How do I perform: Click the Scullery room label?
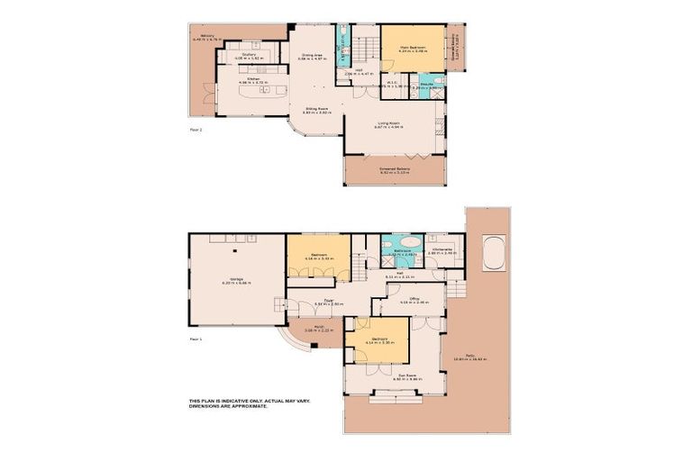coord(249,53)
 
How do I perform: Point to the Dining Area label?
coord(313,55)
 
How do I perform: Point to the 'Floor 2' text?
coord(196,130)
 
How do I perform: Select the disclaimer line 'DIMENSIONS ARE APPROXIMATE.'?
coord(228,406)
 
